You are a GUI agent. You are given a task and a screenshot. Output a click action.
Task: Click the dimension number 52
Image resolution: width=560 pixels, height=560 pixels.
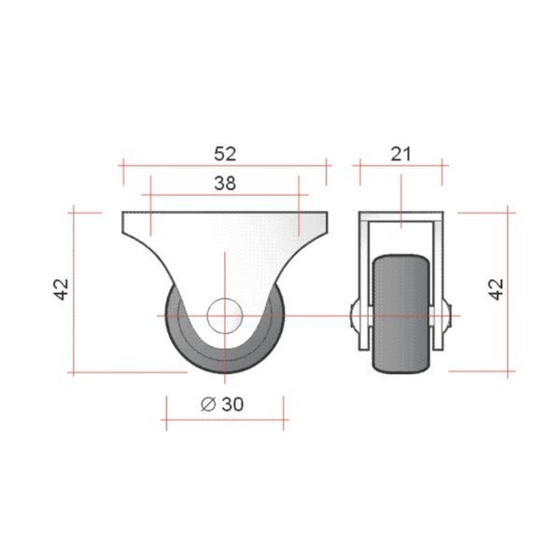click(225, 154)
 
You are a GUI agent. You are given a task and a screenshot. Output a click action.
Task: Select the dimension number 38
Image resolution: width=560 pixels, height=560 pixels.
click(225, 184)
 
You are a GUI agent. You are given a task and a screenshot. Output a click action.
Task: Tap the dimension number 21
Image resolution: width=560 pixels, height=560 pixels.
click(400, 154)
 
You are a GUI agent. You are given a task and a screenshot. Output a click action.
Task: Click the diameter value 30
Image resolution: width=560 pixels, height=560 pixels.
click(232, 404)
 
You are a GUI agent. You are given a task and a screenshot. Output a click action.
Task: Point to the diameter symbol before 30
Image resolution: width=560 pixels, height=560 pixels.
click(208, 404)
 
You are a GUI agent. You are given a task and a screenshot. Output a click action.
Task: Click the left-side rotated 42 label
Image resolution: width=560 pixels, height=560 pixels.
click(62, 289)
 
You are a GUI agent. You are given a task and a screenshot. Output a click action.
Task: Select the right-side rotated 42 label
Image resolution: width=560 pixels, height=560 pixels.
click(497, 289)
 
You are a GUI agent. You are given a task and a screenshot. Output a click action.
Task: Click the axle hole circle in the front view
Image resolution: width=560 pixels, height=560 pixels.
click(225, 315)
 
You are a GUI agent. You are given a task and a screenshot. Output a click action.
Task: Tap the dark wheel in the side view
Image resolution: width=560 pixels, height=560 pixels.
click(400, 314)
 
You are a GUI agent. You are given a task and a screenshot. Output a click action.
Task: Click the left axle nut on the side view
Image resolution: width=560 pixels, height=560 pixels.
click(355, 315)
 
